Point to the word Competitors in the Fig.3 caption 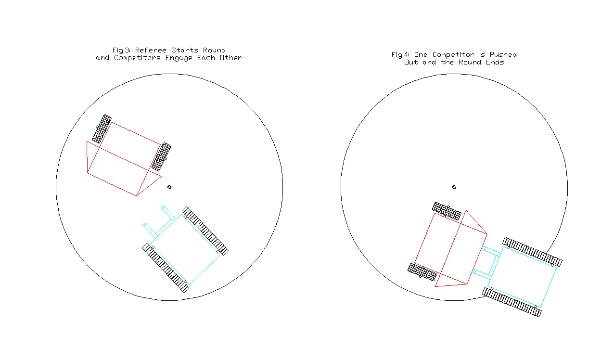[137, 58]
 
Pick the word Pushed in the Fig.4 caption [503, 54]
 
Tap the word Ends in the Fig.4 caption [495, 62]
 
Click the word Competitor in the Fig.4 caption [453, 55]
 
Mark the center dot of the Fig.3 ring [169, 187]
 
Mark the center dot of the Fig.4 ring [454, 187]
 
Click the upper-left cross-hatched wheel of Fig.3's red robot [102, 129]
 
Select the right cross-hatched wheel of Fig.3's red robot [161, 157]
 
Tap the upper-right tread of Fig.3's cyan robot [205, 231]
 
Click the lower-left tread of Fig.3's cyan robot [166, 268]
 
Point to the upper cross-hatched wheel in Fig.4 [447, 211]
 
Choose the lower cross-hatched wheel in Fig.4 [422, 272]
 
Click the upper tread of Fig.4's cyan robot [532, 252]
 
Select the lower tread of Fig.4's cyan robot [512, 302]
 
